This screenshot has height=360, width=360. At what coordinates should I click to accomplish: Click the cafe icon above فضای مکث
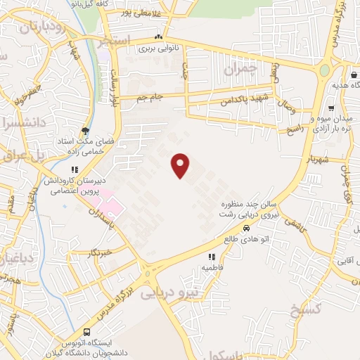[85, 131]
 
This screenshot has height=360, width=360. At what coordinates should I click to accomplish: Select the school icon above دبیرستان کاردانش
[74, 169]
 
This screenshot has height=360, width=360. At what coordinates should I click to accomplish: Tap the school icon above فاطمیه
[212, 257]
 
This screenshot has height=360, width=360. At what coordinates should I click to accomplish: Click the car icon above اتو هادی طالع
[247, 229]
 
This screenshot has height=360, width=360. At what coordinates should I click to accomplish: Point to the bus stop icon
[86, 331]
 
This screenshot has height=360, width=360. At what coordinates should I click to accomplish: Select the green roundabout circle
[325, 72]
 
